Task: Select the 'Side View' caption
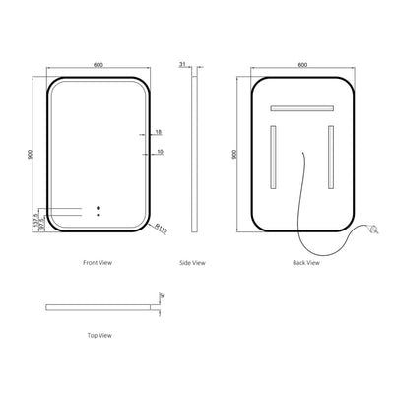[193, 263]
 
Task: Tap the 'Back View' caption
[305, 263]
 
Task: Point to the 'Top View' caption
[98, 335]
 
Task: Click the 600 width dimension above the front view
[98, 65]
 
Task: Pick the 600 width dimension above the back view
[301, 65]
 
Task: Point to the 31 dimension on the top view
[163, 293]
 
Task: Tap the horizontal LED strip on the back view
[300, 106]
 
